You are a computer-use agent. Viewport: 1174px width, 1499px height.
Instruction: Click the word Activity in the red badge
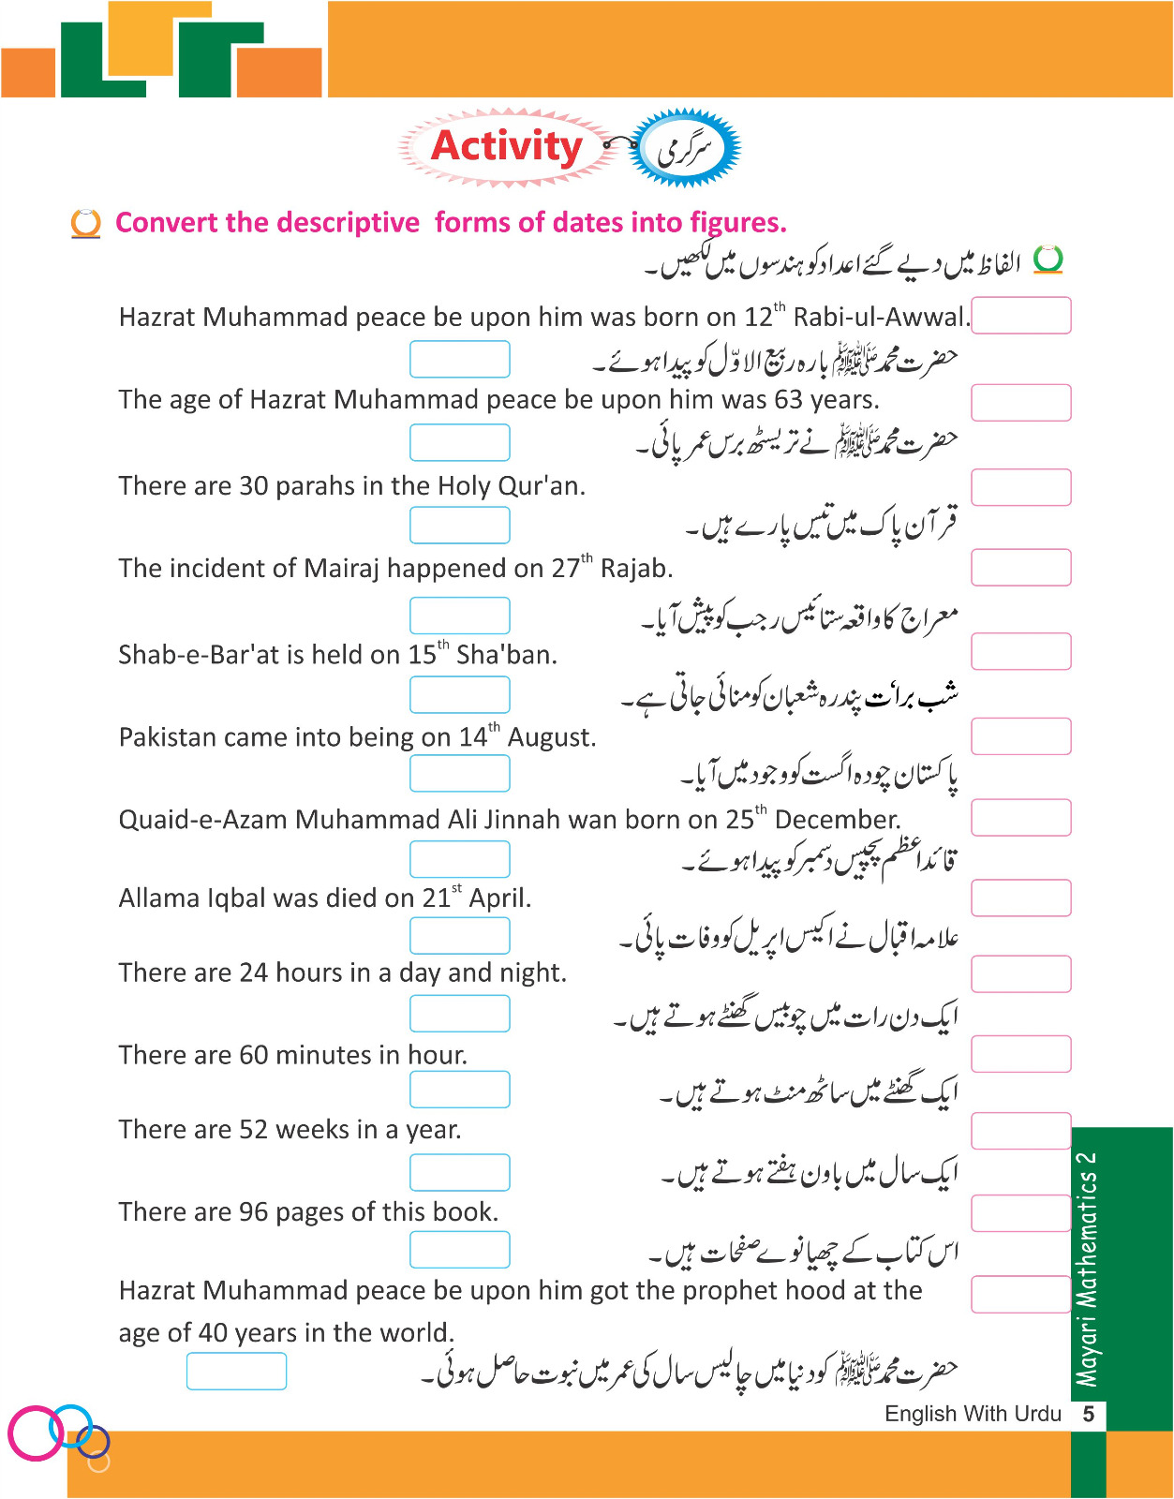click(506, 146)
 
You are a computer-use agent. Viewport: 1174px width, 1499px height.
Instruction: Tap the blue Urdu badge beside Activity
click(685, 148)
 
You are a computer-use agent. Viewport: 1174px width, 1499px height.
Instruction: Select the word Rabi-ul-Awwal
click(879, 318)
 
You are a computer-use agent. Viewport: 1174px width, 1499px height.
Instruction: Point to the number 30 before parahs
click(254, 486)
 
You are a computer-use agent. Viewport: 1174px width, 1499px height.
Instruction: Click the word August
click(551, 737)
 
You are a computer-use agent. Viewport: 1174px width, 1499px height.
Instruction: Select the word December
click(836, 820)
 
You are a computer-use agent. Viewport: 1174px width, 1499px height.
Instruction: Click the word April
click(499, 898)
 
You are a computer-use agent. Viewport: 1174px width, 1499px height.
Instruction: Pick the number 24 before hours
click(254, 973)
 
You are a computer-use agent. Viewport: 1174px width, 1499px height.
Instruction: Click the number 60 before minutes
click(254, 1056)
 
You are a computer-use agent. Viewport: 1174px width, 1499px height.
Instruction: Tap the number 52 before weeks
click(254, 1130)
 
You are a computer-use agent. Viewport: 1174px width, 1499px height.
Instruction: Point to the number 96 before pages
click(254, 1212)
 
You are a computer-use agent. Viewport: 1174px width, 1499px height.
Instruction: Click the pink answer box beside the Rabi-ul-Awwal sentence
click(1020, 316)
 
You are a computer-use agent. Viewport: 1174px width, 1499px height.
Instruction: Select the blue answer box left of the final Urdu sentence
click(236, 1372)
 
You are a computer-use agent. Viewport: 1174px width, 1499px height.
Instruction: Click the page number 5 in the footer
click(1088, 1414)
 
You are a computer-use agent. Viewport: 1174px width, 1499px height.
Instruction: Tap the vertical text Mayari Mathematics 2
click(1087, 1269)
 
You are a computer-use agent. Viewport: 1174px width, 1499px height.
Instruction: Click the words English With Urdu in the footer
click(973, 1414)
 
